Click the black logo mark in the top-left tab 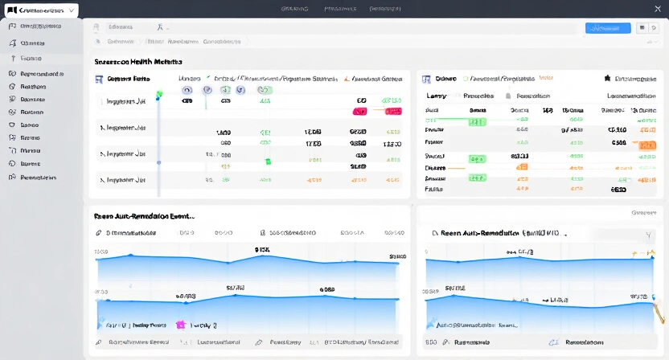pyautogui.click(x=10, y=10)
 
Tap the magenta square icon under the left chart pyautogui.click(x=180, y=325)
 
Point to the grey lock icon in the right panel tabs pyautogui.click(x=508, y=96)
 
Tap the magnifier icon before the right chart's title pyautogui.click(x=435, y=233)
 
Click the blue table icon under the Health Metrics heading pyautogui.click(x=99, y=80)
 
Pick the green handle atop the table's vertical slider pyautogui.click(x=158, y=93)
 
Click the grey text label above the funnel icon pyautogui.click(x=644, y=213)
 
